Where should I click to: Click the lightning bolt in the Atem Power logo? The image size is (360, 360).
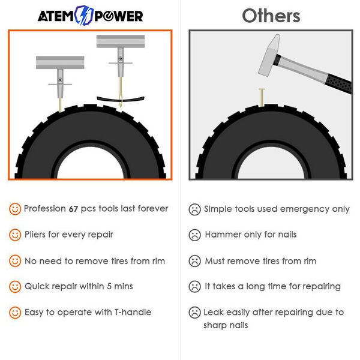pos(84,16)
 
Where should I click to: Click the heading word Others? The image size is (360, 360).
pos(271,16)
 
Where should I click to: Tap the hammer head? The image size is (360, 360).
pos(269,55)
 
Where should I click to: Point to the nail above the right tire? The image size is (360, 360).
pos(262,97)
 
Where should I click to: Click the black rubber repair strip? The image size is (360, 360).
pos(121,99)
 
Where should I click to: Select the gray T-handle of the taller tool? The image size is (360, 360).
pos(121,41)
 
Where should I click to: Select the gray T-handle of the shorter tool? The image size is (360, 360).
pos(60,62)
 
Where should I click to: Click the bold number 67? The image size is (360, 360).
pos(73,209)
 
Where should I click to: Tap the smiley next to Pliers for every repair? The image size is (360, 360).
pos(15,235)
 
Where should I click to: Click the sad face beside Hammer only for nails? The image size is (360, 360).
pos(194,235)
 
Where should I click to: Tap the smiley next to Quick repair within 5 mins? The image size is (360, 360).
pos(15,287)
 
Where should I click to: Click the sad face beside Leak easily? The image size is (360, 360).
pos(194,313)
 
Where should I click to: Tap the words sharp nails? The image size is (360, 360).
pos(226,325)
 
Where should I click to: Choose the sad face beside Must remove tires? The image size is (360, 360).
pos(194,261)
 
